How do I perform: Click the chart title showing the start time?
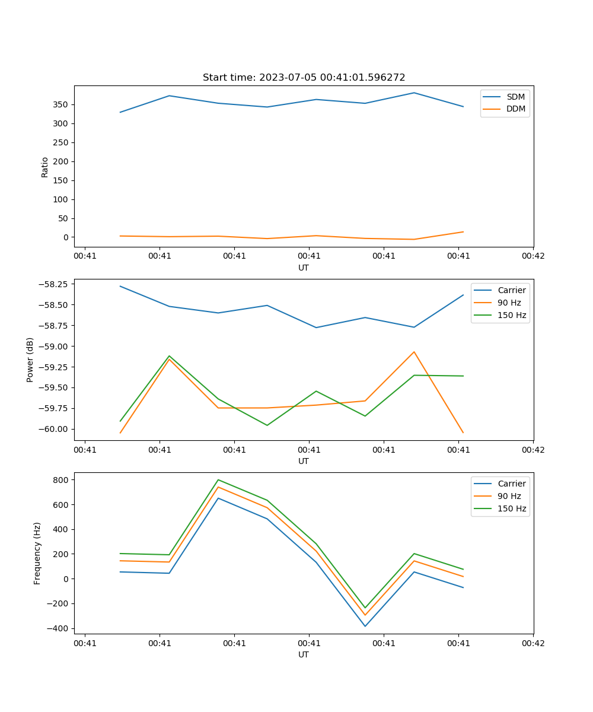pos(304,78)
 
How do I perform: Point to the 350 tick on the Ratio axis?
pos(62,104)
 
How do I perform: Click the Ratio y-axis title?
pos(45,166)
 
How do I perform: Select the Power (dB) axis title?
pos(30,360)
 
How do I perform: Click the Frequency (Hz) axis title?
pos(37,553)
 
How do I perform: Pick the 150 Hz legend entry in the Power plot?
pos(512,315)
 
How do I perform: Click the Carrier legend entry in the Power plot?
pos(512,290)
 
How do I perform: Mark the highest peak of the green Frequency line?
pos(218,479)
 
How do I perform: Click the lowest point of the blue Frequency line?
pos(365,627)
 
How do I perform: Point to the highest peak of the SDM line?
pos(414,93)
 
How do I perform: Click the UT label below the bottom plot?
pos(304,654)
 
